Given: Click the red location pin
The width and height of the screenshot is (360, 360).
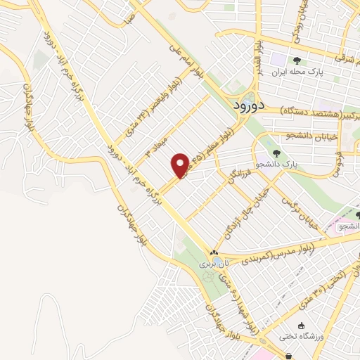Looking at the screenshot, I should (x=181, y=165).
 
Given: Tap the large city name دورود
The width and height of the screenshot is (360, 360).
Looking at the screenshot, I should (x=247, y=105).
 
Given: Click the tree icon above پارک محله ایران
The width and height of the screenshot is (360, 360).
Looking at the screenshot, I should (x=297, y=60).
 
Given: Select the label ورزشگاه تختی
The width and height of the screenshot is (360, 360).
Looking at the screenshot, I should (x=300, y=337).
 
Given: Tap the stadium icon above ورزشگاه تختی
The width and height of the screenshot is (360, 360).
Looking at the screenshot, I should (x=302, y=326).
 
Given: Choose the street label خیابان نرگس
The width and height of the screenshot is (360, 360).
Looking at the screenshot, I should (x=295, y=208).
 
